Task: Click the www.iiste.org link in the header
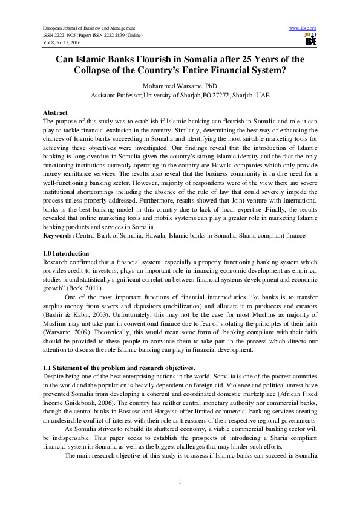coord(304,28)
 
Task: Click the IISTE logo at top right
coord(310,41)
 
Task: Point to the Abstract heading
coord(56,113)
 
